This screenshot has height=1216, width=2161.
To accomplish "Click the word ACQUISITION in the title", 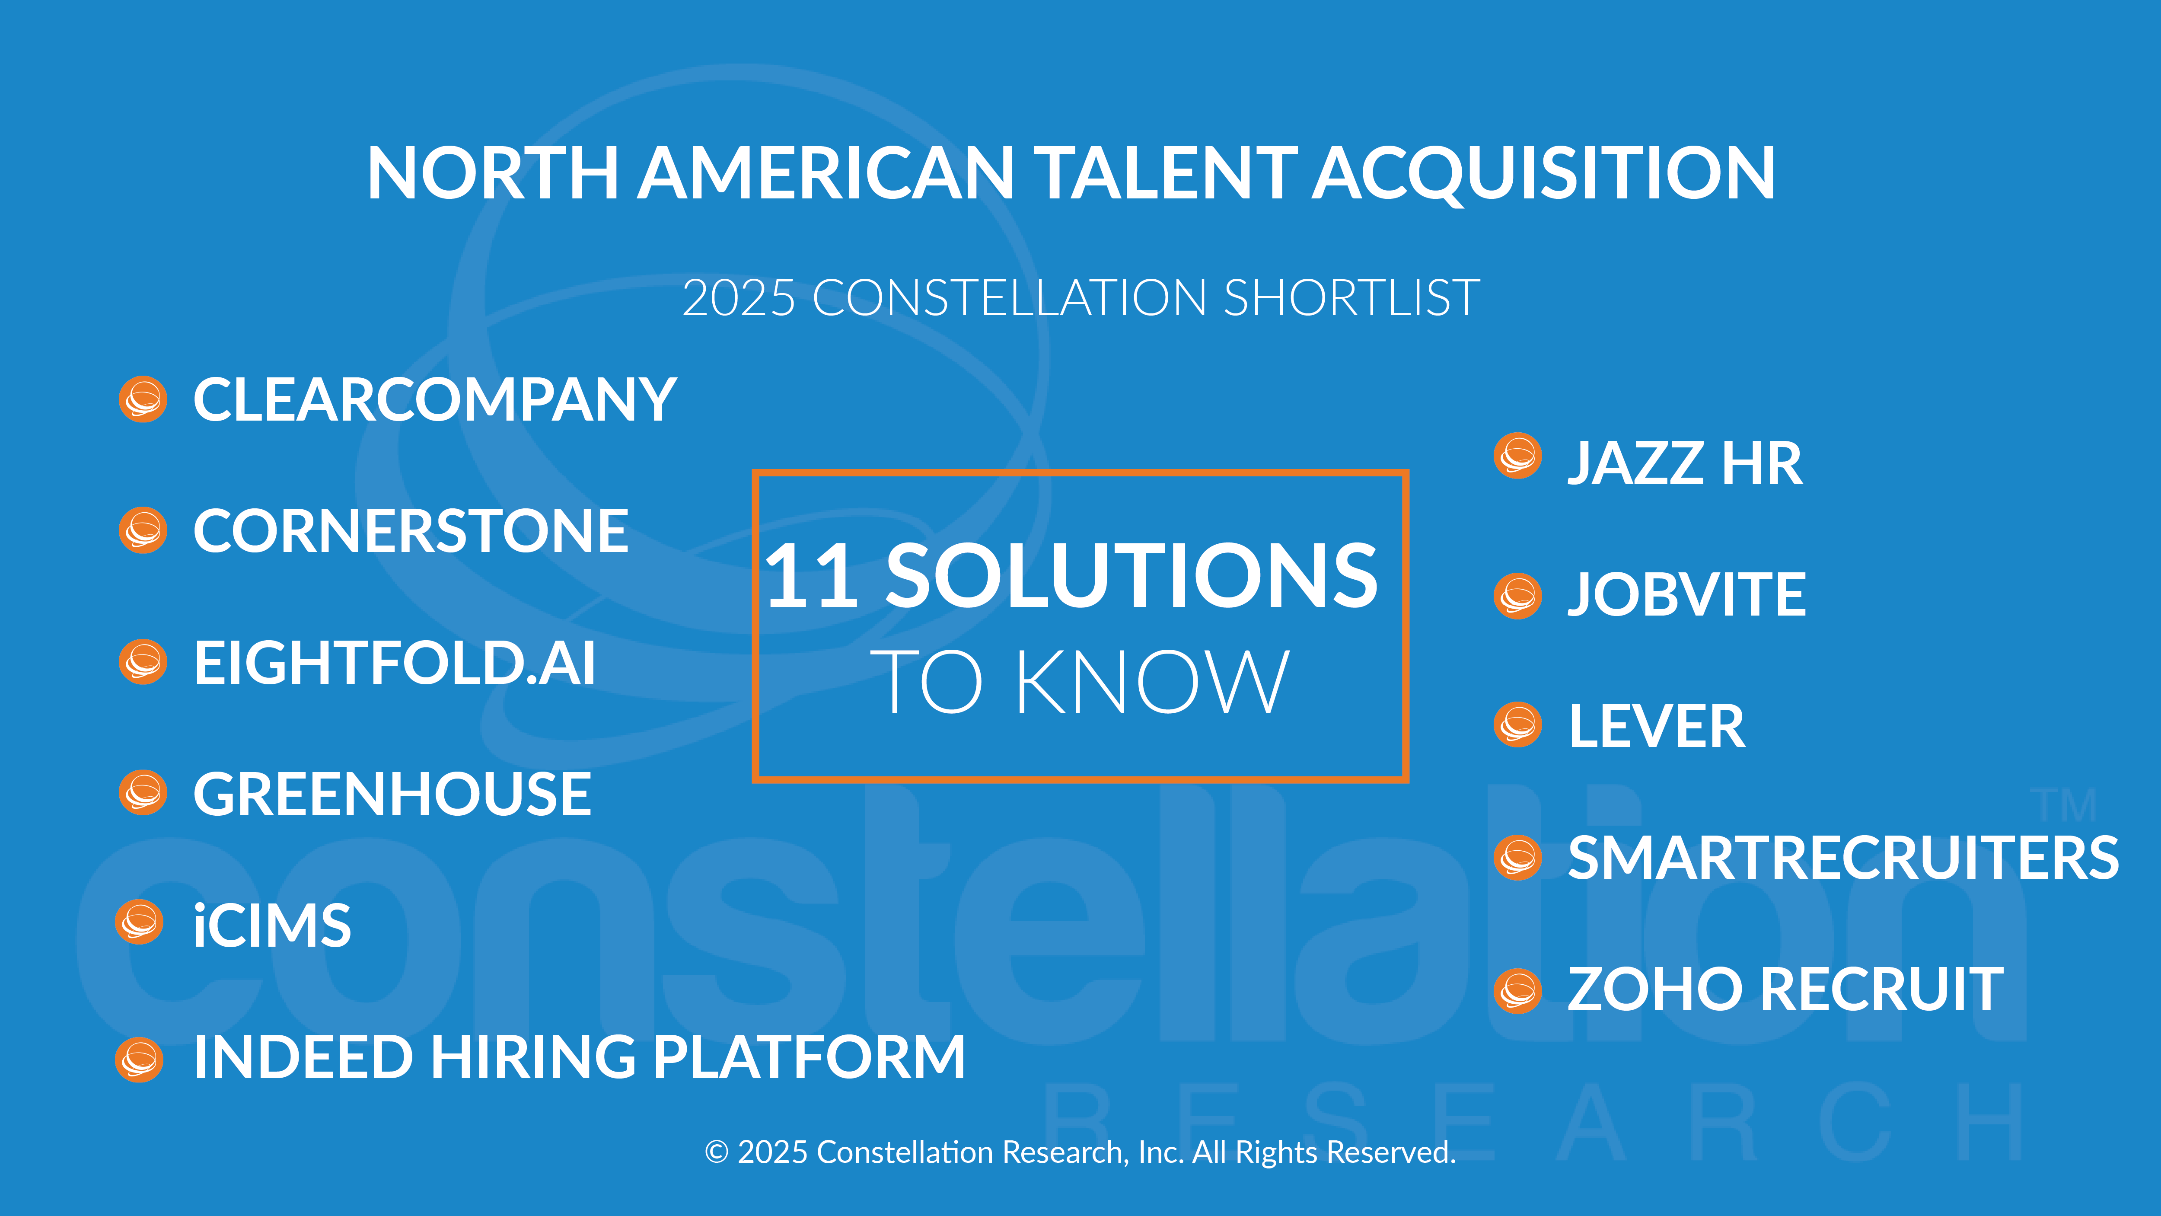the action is pos(1543,174).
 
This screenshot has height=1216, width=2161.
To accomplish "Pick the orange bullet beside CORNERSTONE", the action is pos(143,530).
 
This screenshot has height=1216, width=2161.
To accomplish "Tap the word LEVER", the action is pos(1657,727).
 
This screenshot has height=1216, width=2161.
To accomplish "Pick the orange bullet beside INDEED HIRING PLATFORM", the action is pos(139,1060).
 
